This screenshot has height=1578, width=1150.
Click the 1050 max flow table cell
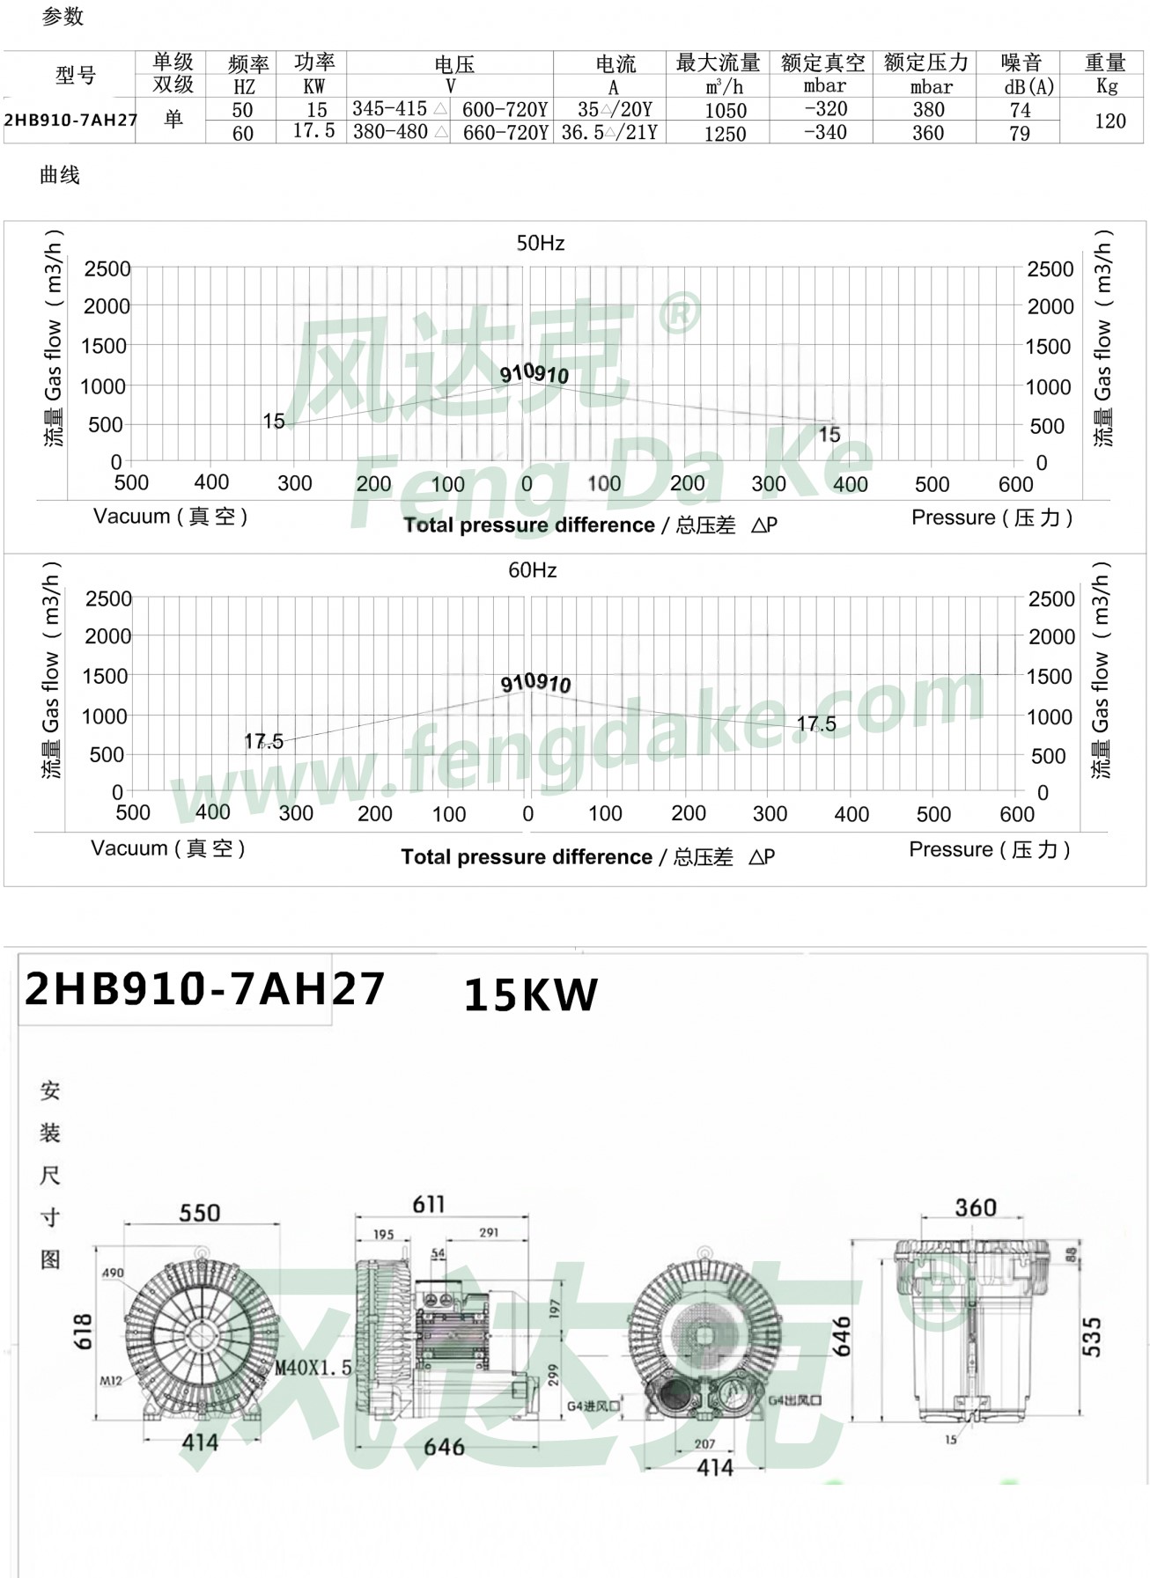[725, 111]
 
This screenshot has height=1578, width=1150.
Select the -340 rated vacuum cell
[825, 132]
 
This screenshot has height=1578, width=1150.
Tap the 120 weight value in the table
[1109, 121]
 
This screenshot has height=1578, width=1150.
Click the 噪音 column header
[1021, 63]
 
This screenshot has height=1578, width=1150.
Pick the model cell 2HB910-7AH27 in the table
[70, 121]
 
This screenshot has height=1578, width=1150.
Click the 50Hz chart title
[540, 243]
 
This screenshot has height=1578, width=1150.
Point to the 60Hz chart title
[532, 570]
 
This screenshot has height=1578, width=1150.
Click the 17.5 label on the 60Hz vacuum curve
[263, 742]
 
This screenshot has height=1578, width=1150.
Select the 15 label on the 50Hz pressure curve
[829, 435]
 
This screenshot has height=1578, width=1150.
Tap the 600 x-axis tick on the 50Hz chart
[1015, 484]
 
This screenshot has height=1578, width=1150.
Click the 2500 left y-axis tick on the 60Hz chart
[108, 598]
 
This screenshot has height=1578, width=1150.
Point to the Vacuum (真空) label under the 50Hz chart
[170, 517]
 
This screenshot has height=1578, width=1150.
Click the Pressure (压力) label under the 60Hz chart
[989, 849]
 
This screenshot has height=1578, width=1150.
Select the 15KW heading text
[530, 995]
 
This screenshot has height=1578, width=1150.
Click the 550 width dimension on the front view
[200, 1213]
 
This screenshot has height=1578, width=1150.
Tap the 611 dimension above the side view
[429, 1204]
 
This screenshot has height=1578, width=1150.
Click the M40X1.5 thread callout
[313, 1368]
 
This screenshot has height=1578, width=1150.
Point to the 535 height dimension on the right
[1091, 1336]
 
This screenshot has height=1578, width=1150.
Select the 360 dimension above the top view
[976, 1207]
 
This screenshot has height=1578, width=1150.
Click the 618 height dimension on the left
[82, 1332]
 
